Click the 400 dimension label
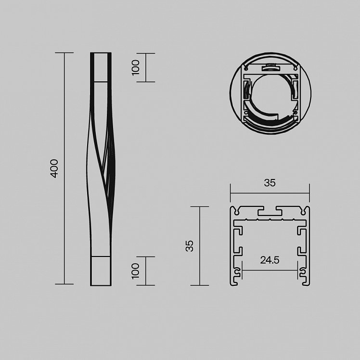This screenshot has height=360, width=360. tap(54, 168)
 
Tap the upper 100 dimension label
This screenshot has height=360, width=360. tap(135, 67)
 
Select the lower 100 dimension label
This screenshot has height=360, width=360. tap(135, 271)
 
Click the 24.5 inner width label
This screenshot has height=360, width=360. tap(270, 260)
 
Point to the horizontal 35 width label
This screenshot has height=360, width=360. tap(270, 183)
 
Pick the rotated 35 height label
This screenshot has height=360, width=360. tap(190, 246)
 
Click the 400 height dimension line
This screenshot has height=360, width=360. tap(64, 168)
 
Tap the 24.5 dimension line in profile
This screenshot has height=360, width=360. tap(270, 270)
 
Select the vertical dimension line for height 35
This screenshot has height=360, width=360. tap(200, 246)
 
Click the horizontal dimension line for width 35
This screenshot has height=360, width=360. tap(270, 193)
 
